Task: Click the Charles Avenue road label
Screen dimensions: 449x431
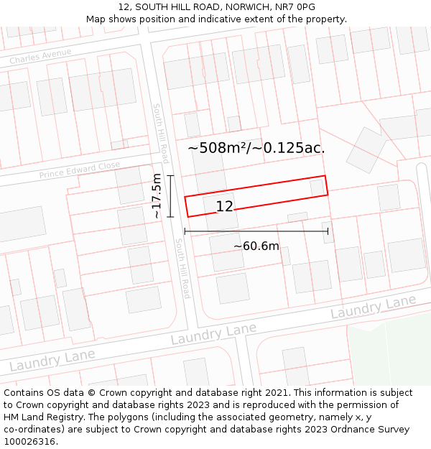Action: (x=40, y=57)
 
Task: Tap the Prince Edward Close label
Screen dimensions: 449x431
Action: (x=79, y=170)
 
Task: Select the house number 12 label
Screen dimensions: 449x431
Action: (x=224, y=206)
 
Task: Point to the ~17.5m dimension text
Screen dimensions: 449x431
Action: (x=157, y=195)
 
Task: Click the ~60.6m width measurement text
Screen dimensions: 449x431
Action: (x=256, y=246)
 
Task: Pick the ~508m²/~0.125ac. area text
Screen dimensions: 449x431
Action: (x=256, y=148)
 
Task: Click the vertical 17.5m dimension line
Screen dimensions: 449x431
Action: (x=170, y=195)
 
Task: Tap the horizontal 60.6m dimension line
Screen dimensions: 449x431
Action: (x=256, y=231)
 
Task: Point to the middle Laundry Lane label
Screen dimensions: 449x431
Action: (x=213, y=334)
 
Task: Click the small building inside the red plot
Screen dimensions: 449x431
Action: (x=317, y=188)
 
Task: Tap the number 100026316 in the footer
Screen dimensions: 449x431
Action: (x=30, y=442)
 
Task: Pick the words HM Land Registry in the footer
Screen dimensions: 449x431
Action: (x=39, y=417)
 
